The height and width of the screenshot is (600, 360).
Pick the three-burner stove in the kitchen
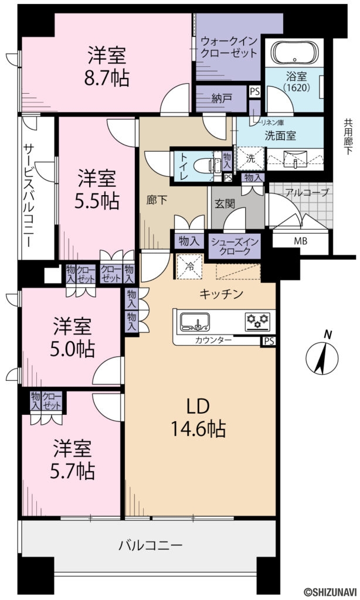tap(258, 320)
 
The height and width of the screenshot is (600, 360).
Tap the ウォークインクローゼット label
tap(228, 47)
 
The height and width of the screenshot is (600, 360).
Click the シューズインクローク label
tap(235, 246)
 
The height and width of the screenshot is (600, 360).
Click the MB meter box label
tap(300, 241)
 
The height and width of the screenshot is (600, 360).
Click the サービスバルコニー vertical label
tap(28, 189)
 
